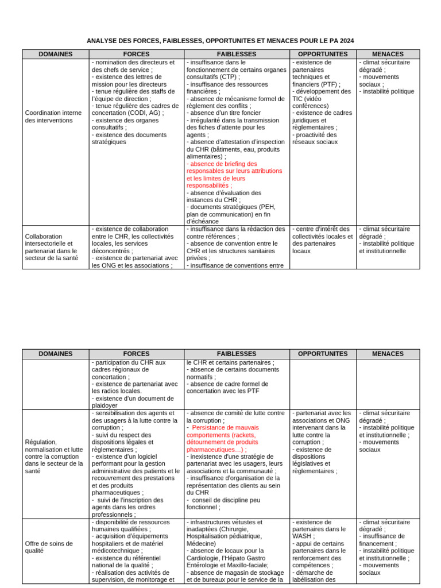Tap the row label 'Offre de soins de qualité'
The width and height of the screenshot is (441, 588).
pos(49,547)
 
